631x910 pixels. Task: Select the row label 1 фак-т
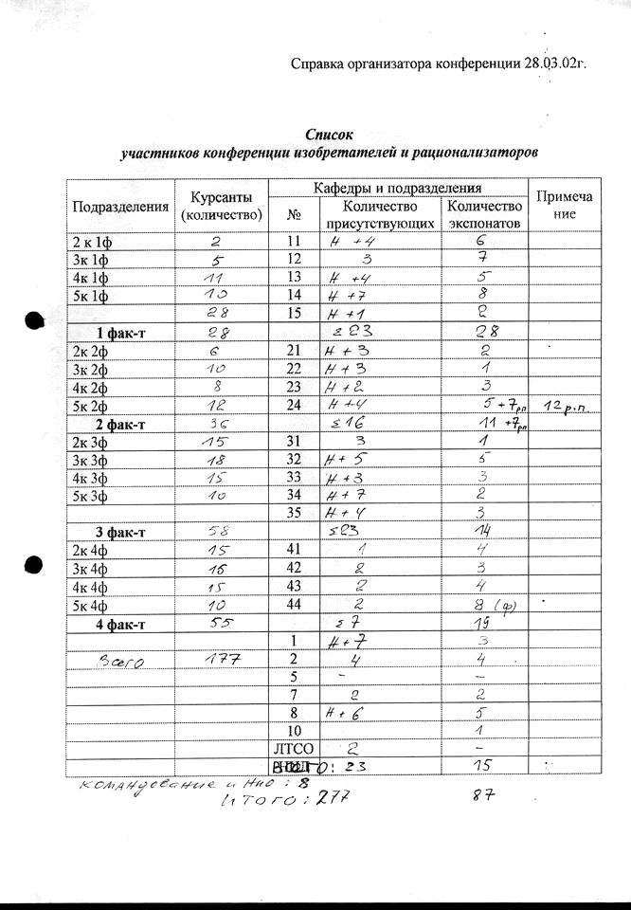point(120,331)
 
